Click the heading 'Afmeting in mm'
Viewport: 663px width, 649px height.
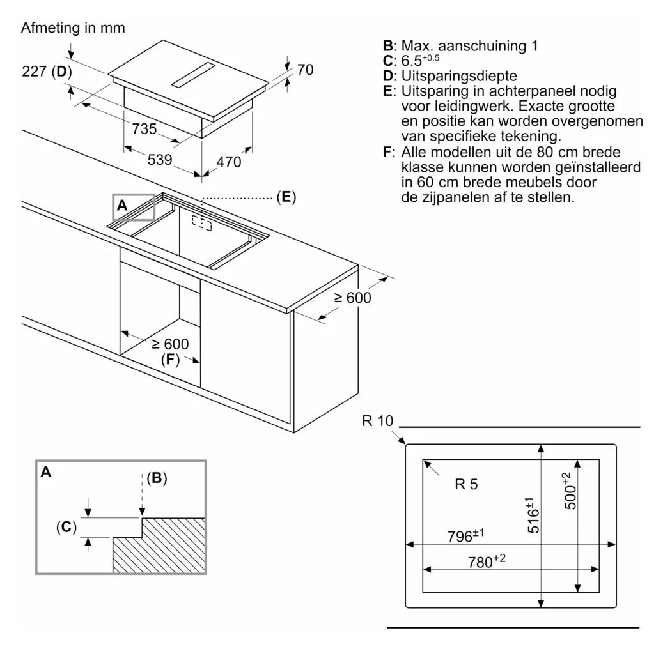(x=73, y=28)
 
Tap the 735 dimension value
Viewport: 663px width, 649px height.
(x=144, y=128)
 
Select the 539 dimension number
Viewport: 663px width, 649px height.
(x=160, y=159)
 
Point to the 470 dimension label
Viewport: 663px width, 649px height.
(x=229, y=162)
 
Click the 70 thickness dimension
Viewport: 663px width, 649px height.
(x=305, y=70)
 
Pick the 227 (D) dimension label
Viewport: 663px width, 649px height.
(x=47, y=72)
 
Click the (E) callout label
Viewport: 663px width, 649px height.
(x=286, y=197)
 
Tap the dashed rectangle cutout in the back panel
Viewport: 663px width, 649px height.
(x=201, y=223)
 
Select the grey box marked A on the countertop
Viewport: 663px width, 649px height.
(x=134, y=207)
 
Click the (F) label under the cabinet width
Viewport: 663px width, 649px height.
(x=171, y=359)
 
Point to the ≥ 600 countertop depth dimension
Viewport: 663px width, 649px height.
(x=353, y=298)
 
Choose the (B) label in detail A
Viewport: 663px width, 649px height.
(x=157, y=478)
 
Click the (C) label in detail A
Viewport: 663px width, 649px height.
(x=66, y=527)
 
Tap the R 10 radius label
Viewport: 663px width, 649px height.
(x=378, y=421)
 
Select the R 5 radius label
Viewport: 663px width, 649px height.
(x=466, y=484)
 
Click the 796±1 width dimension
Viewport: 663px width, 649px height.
(x=465, y=535)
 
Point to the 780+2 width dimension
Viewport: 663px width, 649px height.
(x=487, y=561)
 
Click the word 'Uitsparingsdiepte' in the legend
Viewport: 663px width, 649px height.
(x=459, y=76)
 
